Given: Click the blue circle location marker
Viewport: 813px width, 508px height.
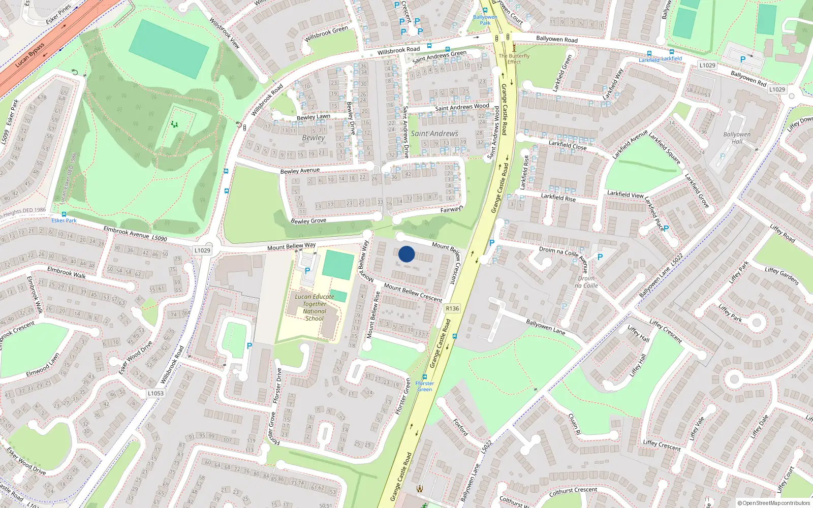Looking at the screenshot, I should point(407,254).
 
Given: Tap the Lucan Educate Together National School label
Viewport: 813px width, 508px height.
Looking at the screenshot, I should point(315,307).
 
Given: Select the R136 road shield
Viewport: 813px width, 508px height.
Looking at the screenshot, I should point(452,308).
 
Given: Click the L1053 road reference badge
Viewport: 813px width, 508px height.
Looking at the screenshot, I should point(155,393).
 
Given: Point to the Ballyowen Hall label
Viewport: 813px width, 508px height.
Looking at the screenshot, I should point(737,138).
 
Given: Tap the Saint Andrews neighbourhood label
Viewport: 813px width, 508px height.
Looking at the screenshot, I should point(434,134).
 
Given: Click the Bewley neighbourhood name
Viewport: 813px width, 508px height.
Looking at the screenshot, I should point(313,138).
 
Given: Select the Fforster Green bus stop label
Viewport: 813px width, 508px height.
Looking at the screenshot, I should point(425,386).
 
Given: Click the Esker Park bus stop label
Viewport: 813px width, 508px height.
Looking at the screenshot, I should point(64,220).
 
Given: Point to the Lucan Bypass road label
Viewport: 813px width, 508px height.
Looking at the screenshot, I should point(30,55).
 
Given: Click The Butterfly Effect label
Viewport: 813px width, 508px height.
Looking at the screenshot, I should point(514,59).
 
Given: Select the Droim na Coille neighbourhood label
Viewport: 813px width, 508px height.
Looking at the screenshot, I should point(586,282).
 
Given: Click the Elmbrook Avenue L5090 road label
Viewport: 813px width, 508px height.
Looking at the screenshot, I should point(135,234).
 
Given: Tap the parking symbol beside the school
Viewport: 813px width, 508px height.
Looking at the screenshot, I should point(307,271).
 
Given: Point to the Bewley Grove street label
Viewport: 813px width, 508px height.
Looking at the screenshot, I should point(308,221).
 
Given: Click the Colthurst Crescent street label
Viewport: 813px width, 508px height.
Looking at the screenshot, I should point(573,491).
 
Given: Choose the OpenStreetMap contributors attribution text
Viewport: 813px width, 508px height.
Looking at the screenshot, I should point(774,503).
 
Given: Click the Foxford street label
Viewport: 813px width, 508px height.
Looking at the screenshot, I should point(460,427).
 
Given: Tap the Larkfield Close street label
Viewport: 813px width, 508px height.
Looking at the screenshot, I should point(568,145).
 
